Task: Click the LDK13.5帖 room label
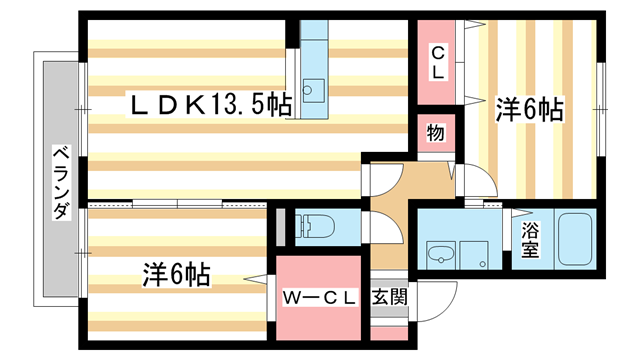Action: coord(211,105)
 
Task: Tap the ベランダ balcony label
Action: coord(61,182)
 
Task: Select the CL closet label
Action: coord(438,62)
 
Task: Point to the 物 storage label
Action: coord(436,133)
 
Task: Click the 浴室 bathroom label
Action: coord(530,240)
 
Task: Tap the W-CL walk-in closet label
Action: coord(319,298)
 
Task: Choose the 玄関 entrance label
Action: coord(389,297)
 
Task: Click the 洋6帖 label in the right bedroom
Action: coord(530,109)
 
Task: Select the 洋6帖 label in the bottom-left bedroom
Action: coord(176,274)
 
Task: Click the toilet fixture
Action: coord(315,227)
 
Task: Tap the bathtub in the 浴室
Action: coord(575,239)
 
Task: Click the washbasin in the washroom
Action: coord(441,255)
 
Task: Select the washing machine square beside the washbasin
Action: coord(474,255)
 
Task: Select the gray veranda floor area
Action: coord(60,179)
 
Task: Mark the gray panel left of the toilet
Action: coord(280,227)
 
